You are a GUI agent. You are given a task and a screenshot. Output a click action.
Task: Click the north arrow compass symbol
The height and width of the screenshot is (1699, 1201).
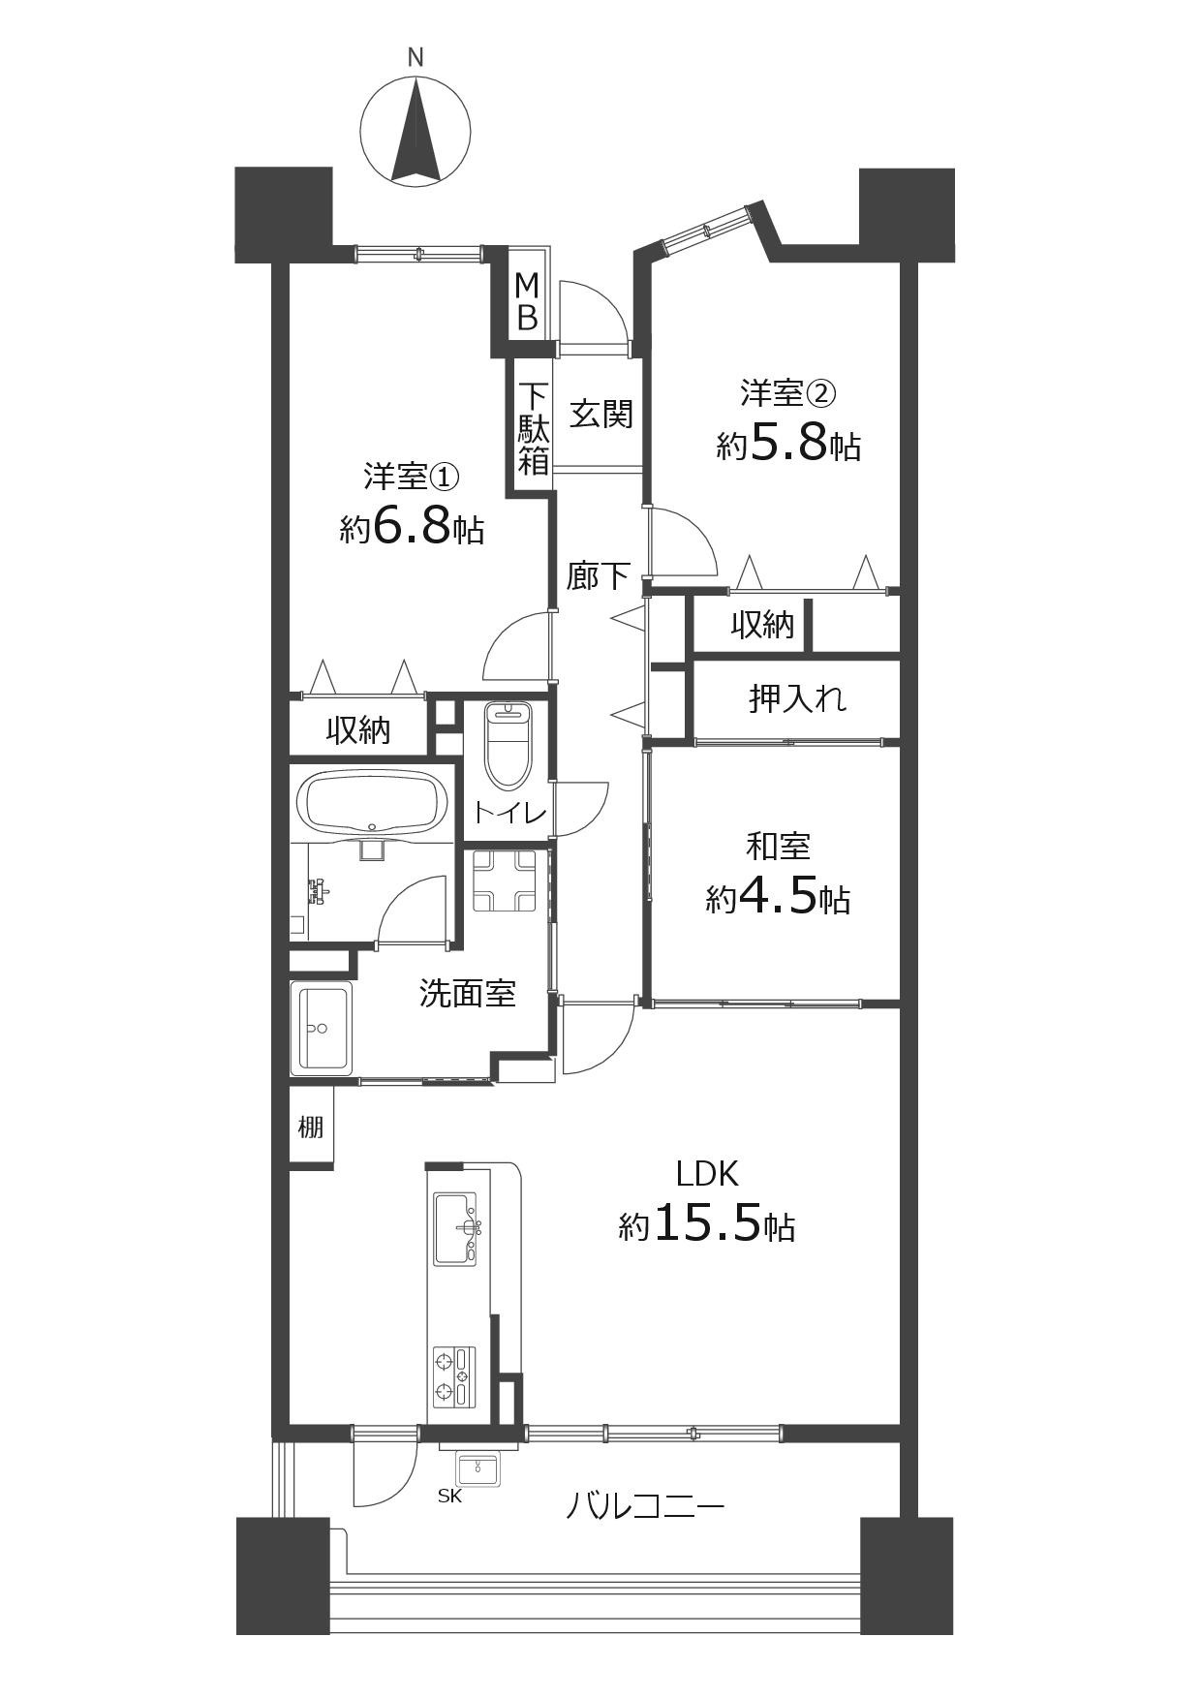[416, 130]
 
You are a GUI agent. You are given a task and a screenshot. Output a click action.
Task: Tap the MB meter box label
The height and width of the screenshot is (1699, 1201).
[527, 301]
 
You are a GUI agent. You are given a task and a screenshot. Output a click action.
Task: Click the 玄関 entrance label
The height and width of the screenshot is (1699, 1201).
[600, 414]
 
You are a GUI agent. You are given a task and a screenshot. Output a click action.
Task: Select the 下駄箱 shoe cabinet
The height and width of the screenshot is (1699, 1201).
[533, 428]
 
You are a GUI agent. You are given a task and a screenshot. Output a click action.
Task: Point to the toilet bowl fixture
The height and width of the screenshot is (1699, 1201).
[508, 744]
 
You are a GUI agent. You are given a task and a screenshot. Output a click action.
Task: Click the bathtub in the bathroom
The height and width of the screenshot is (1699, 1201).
[372, 803]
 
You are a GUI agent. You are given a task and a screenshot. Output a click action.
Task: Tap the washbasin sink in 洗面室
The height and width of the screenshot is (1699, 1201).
[321, 1028]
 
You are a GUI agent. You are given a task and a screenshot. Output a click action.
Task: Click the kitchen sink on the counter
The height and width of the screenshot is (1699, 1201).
[456, 1228]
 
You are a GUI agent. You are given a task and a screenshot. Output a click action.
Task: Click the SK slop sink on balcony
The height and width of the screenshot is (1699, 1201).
[477, 1467]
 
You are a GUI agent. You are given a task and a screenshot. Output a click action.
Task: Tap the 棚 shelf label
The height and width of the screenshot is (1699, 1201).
[310, 1128]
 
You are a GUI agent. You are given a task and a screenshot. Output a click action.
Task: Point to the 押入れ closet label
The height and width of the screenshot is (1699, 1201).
[797, 697]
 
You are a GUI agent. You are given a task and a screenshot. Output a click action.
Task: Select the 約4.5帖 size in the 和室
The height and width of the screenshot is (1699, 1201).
[778, 898]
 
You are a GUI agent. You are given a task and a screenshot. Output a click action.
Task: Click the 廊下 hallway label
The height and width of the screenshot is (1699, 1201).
[599, 577]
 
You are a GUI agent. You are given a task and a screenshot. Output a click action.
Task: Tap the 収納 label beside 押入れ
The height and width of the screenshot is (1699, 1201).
[762, 625]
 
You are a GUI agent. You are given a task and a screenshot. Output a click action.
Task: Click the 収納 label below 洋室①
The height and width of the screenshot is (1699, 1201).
[357, 729]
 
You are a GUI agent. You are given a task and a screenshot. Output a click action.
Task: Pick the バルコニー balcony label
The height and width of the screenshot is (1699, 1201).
[644, 1507]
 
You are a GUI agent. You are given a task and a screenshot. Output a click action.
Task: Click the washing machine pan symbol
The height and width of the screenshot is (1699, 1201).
[504, 881]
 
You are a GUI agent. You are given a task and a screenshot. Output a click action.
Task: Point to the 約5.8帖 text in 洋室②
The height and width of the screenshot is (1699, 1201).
[788, 445]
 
